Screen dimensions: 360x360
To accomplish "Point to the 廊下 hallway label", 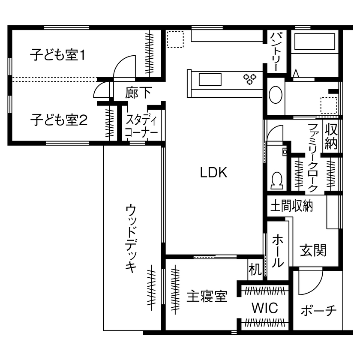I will tap(138, 93).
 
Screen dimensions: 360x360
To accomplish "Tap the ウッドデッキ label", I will tap(131, 238).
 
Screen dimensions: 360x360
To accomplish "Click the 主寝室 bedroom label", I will tap(207, 296).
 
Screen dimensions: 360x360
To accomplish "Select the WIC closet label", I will tap(264, 308).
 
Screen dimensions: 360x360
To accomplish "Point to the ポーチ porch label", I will tap(318, 310).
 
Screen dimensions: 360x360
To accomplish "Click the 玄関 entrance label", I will tap(313, 250).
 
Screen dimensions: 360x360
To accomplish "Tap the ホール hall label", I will tap(278, 250).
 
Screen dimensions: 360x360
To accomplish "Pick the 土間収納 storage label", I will tap(291, 206).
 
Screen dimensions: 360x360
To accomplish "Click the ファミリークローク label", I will tap(313, 157).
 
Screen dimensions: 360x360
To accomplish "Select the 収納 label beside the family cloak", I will tap(331, 136).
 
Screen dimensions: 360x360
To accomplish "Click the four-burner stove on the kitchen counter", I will tap(250, 78).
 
